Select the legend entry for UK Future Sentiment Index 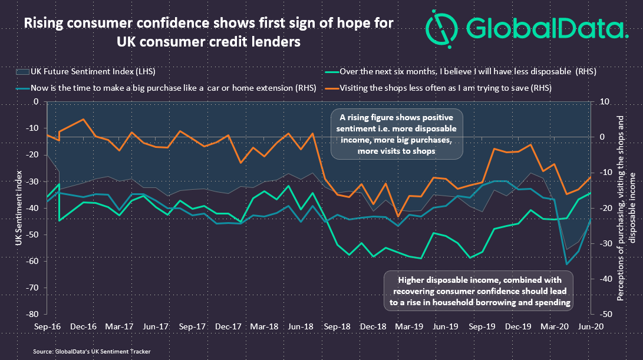click(82, 72)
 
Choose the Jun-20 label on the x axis click(591, 326)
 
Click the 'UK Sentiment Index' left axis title click(20, 207)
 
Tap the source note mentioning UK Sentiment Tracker click(92, 351)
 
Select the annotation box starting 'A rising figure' click(396, 134)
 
